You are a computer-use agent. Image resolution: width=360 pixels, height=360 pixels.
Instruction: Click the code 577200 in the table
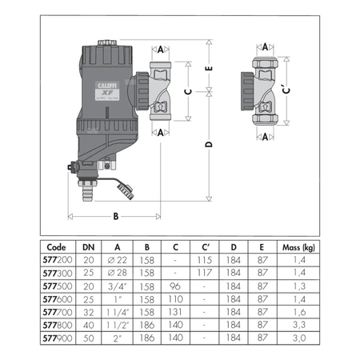[57, 262]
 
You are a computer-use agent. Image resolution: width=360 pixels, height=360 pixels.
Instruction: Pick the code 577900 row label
[57, 338]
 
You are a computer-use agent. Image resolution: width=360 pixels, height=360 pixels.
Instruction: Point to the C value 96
[174, 287]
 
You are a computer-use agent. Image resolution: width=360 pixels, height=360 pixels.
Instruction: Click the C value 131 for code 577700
[174, 313]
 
